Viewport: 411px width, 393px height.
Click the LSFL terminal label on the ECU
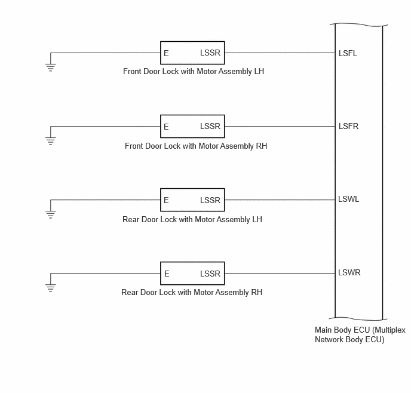[348, 53]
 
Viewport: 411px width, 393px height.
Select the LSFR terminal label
[348, 126]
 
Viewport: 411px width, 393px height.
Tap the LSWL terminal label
[349, 199]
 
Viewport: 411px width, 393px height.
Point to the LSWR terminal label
[349, 272]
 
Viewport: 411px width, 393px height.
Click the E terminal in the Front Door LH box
[166, 53]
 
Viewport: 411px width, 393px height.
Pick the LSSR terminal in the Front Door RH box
[210, 126]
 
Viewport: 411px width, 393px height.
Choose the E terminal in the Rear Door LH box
[166, 200]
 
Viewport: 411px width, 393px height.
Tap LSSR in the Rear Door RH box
[210, 274]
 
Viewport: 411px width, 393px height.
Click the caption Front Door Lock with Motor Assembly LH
[194, 72]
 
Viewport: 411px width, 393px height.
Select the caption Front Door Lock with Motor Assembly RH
[196, 146]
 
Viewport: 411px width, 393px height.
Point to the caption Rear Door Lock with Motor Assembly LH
[192, 219]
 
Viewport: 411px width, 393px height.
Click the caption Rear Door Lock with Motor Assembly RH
[192, 293]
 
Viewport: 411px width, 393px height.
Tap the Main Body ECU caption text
[360, 334]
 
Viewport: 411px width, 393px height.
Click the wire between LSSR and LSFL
[280, 53]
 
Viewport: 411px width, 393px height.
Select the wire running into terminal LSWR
[280, 274]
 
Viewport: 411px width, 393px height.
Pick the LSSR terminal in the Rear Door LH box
[210, 200]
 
